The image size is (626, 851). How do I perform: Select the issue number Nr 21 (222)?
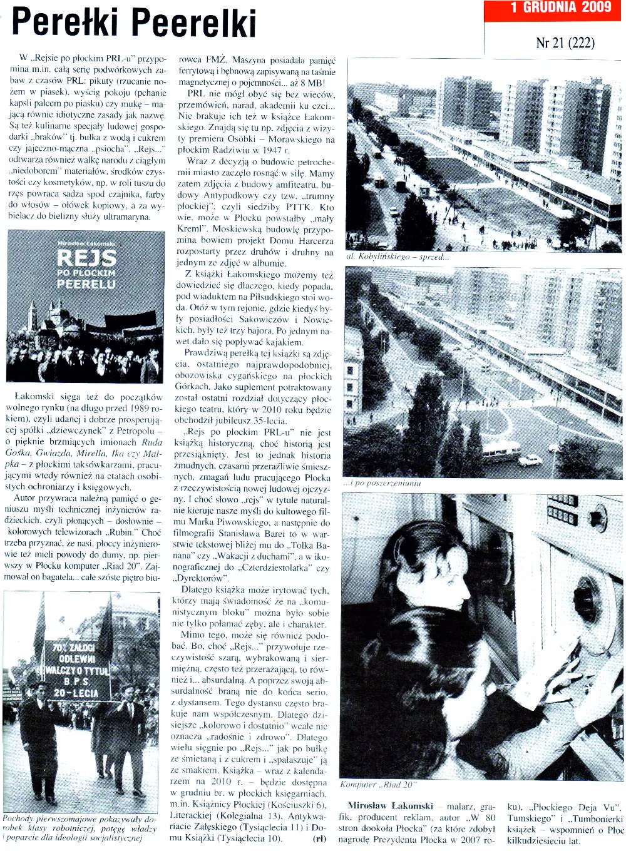565,43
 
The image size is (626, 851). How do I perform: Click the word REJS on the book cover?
86,257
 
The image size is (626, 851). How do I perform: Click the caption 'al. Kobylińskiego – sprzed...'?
398,257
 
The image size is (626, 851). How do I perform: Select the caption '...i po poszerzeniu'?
381,483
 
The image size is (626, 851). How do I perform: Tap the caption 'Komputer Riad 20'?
378,785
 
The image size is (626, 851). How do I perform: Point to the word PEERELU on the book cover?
86,284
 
